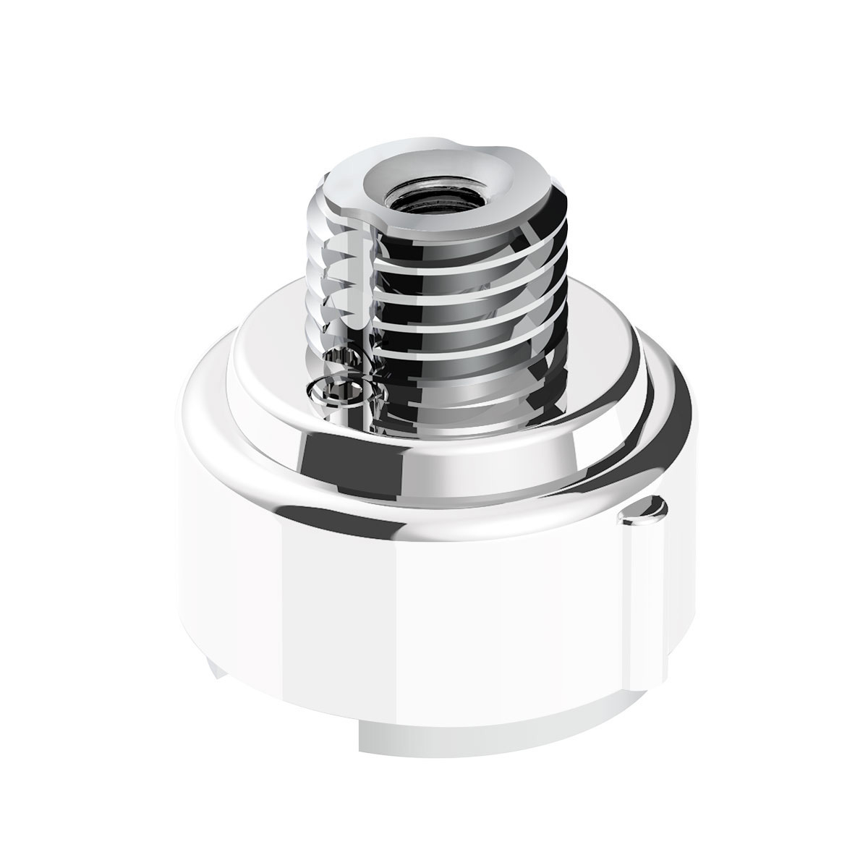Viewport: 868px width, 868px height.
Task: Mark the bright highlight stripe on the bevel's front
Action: pos(463,463)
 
